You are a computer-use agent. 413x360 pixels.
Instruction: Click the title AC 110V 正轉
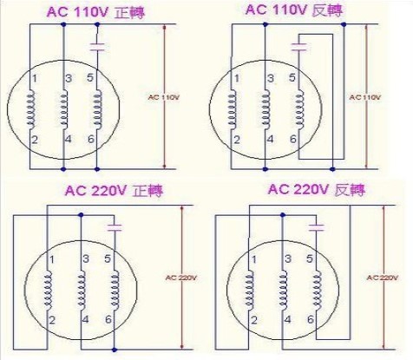click(95, 13)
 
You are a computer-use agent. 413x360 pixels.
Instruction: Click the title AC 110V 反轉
click(294, 10)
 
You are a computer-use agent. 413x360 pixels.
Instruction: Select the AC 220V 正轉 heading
click(114, 191)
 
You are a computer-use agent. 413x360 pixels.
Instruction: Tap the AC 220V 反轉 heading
click(317, 190)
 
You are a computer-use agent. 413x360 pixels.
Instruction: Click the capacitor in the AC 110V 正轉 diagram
click(97, 47)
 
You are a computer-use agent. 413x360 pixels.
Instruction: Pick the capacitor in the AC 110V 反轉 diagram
click(299, 47)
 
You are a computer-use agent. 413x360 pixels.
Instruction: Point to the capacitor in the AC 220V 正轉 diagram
click(115, 227)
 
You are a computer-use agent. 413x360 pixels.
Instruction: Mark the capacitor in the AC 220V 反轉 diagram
click(317, 227)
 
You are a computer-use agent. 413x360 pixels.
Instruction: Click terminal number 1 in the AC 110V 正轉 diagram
click(35, 78)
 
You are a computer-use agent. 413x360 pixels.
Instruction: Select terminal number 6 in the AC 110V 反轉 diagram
click(293, 140)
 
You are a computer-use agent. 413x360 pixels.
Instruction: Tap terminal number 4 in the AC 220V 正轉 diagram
click(85, 320)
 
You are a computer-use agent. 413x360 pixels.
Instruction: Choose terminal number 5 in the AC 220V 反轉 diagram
click(310, 259)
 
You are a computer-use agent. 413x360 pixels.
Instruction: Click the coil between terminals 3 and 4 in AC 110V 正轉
click(64, 109)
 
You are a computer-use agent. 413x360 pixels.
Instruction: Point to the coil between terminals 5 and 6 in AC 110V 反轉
click(299, 110)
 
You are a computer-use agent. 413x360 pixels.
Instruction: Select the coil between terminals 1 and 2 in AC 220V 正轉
click(48, 290)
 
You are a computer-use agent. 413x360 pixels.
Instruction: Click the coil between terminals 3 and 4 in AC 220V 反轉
click(283, 290)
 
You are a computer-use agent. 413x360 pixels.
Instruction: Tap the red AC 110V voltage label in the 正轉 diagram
click(164, 97)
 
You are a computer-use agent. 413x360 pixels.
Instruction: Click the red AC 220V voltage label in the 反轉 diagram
click(383, 278)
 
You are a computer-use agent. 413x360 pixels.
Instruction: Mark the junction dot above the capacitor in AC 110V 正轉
click(97, 24)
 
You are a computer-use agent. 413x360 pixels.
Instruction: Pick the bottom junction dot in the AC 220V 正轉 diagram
click(115, 350)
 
